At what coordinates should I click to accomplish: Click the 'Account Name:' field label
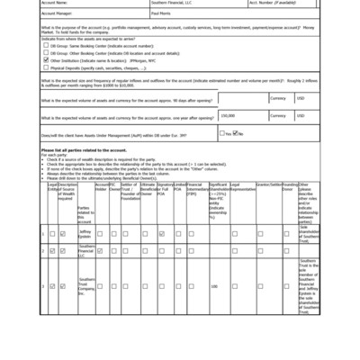click(x=56, y=3)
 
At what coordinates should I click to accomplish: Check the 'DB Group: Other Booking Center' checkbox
click(x=44, y=53)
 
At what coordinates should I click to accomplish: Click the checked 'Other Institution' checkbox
click(x=44, y=59)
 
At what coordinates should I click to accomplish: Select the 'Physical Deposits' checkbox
click(x=44, y=67)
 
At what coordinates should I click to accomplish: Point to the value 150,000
click(x=229, y=115)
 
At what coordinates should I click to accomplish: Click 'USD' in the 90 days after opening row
click(x=301, y=98)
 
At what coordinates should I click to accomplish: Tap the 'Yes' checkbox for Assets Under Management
click(x=225, y=133)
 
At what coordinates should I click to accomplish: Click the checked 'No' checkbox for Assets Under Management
click(x=238, y=133)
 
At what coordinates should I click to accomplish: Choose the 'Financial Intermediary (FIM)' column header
click(x=197, y=188)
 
